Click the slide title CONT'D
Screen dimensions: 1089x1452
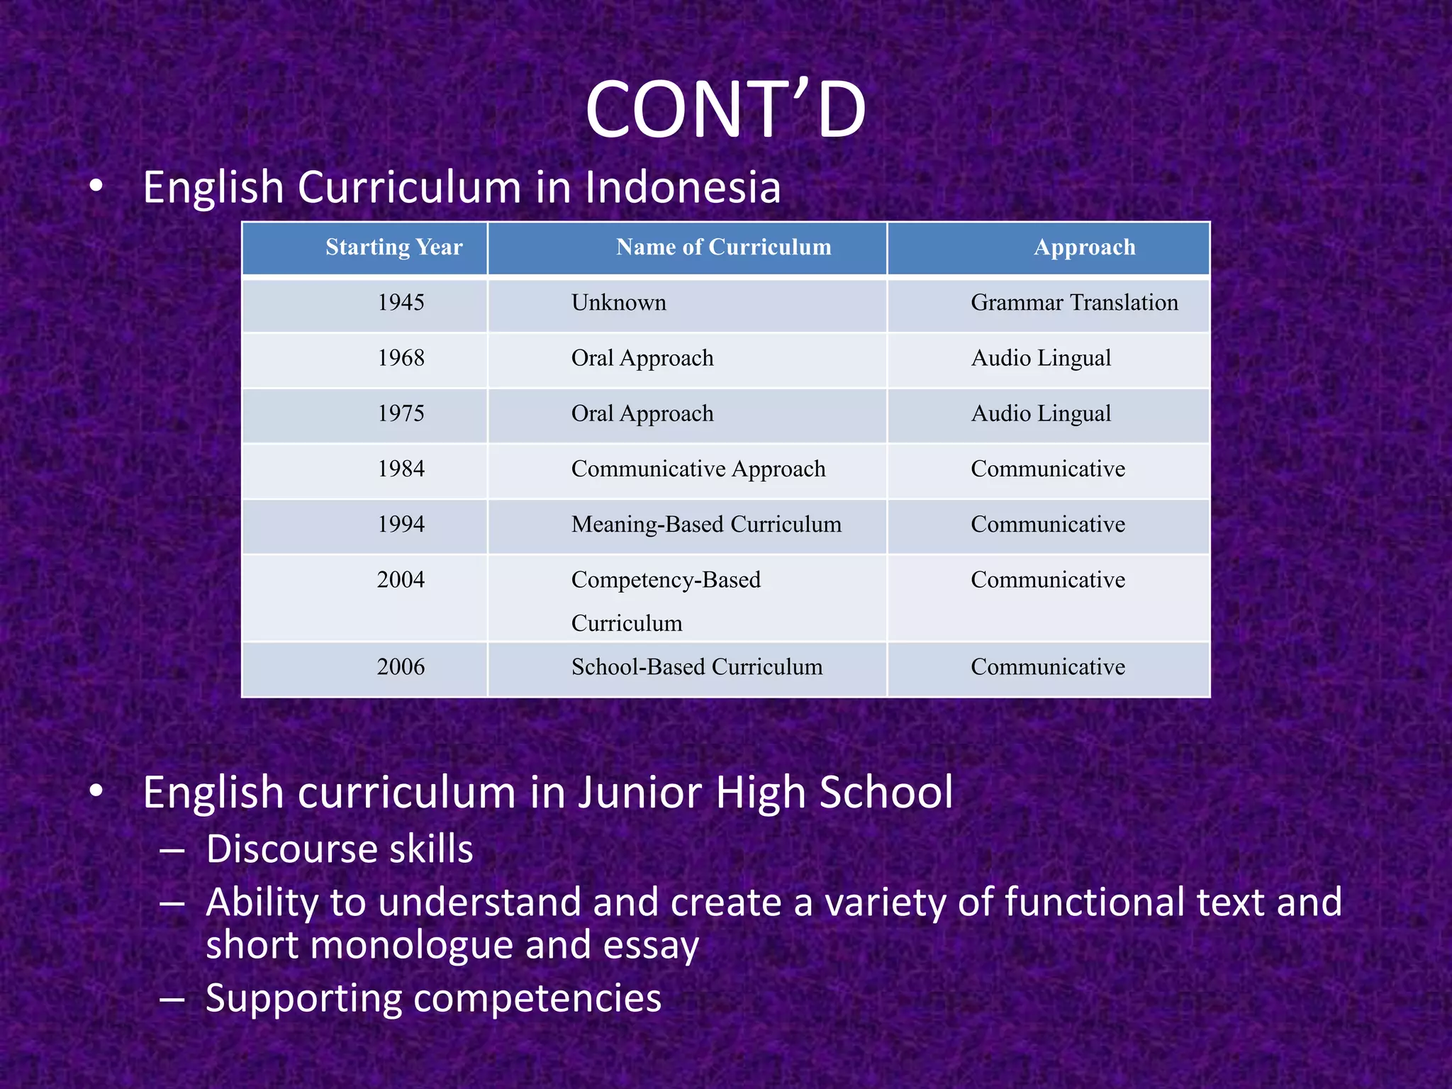pos(725,111)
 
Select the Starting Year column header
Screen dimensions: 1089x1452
pos(393,247)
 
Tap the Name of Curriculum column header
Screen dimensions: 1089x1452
pos(723,247)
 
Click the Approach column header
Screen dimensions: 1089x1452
pos(1084,247)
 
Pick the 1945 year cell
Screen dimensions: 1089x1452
pos(401,303)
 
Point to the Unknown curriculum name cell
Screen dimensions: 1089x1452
pos(618,303)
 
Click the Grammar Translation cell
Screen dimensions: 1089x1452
pos(1074,303)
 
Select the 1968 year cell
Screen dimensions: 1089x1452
pos(401,358)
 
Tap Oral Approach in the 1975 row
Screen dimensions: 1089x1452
pos(642,413)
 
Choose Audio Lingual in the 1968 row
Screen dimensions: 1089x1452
pos(1041,358)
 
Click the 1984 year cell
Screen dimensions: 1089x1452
pos(401,469)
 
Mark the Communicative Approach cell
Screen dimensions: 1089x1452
pos(698,469)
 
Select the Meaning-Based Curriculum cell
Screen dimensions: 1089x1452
pos(706,525)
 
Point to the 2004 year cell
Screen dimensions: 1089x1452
pos(401,580)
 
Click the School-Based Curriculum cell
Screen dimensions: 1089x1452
pos(697,667)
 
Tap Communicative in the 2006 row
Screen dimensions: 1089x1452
pos(1048,667)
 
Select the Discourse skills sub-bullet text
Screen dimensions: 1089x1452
pos(339,849)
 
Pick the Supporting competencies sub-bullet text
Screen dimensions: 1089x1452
pos(433,998)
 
